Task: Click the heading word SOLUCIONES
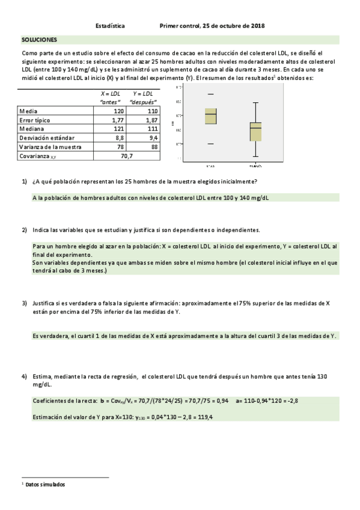[39, 40]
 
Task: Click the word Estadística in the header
[111, 26]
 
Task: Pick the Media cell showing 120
[118, 111]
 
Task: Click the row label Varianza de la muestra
[51, 147]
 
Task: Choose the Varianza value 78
[120, 147]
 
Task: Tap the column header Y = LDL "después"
[143, 98]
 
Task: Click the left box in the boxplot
[211, 116]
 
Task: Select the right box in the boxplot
[256, 131]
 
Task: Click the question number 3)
[25, 303]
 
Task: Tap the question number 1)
[25, 182]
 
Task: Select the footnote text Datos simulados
[45, 484]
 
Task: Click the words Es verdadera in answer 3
[50, 336]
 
